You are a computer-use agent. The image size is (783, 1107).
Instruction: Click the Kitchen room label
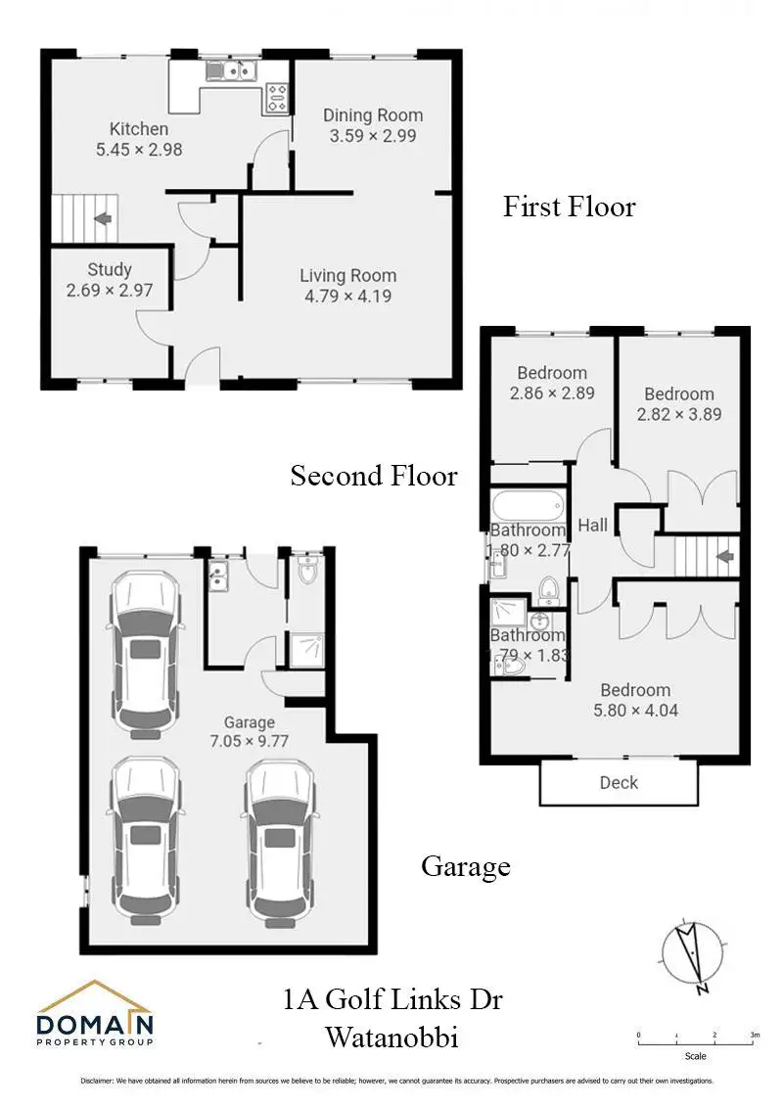[x=139, y=129]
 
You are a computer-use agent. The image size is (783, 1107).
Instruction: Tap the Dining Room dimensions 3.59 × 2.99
[x=373, y=136]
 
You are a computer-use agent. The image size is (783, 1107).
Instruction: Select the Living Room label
[x=347, y=276]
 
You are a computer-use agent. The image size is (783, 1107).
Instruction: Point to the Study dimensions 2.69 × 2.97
[x=110, y=290]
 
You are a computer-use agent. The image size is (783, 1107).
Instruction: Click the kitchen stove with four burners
[x=277, y=95]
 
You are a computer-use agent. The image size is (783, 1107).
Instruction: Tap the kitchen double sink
[x=232, y=71]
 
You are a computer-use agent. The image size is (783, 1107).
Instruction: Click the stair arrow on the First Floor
[x=103, y=220]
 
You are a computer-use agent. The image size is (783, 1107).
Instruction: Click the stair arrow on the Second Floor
[x=725, y=557]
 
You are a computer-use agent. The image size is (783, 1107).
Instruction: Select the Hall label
[x=592, y=526]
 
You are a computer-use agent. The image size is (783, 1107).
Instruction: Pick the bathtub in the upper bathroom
[x=528, y=507]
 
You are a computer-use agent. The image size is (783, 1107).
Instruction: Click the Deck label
[x=619, y=782]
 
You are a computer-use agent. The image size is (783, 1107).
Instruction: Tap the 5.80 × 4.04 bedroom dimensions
[x=635, y=711]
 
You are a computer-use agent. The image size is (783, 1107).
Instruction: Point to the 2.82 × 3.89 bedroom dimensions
[x=679, y=414]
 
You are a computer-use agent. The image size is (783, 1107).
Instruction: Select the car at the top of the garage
[x=146, y=651]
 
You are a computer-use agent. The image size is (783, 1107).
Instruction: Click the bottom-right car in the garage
[x=282, y=842]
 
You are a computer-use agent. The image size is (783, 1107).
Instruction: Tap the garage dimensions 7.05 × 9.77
[x=249, y=742]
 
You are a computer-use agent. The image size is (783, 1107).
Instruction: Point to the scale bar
[x=696, y=1041]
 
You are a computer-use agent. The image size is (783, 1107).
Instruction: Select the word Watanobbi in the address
[x=391, y=1037]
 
